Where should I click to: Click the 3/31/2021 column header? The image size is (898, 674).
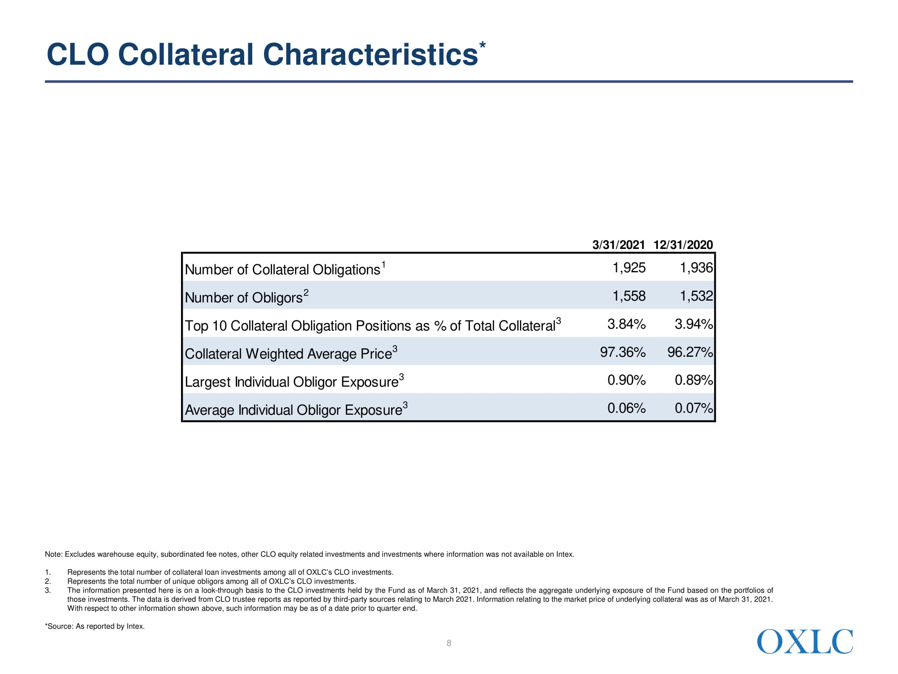618,245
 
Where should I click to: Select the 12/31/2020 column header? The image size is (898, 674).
683,245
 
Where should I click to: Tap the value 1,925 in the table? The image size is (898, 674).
629,268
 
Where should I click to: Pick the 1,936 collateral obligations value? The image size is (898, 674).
696,268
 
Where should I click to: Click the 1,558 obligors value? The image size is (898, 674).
629,296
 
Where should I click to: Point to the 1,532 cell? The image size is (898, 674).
696,296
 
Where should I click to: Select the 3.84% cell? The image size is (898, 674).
626,324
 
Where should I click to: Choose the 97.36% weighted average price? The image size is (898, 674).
623,352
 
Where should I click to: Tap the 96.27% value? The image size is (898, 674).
690,352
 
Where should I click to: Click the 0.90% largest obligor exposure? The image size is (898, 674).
626,380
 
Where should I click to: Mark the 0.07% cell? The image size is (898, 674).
693,408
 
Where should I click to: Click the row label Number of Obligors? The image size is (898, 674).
244,297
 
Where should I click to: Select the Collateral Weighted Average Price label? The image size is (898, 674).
288,354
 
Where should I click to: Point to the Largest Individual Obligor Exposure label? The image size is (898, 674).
291,382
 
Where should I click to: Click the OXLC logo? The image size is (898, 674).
805,642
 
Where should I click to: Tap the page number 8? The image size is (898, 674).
449,643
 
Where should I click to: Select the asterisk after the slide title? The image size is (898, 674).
482,46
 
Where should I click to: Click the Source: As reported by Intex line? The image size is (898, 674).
95,626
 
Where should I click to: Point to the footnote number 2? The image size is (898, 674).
48,581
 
